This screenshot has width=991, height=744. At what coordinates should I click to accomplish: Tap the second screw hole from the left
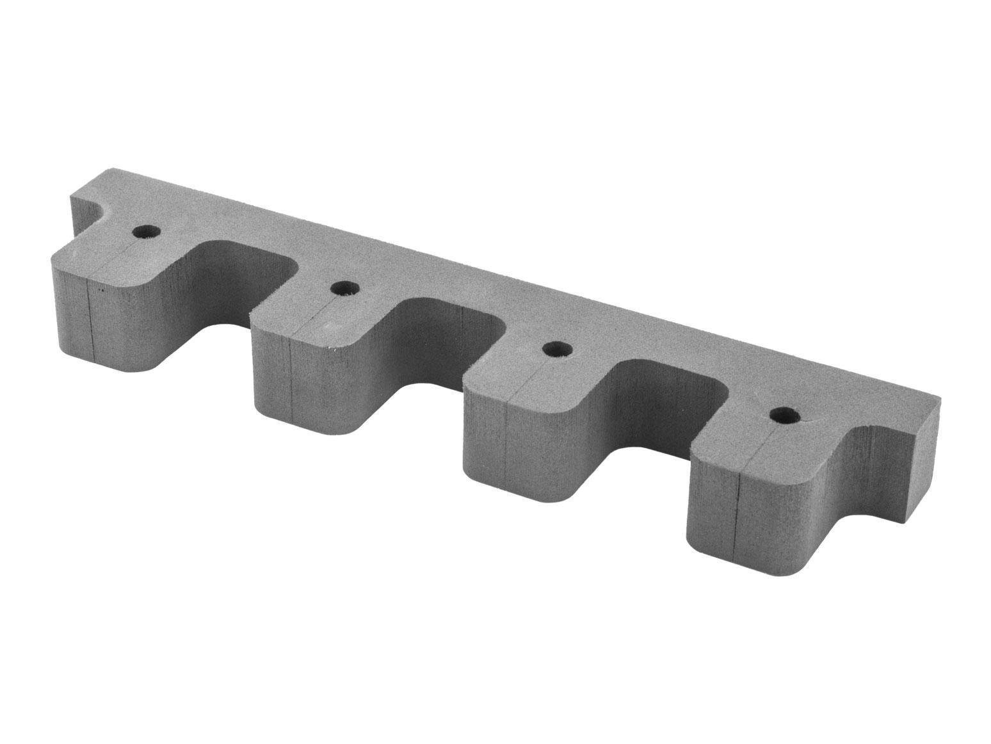(x=344, y=288)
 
